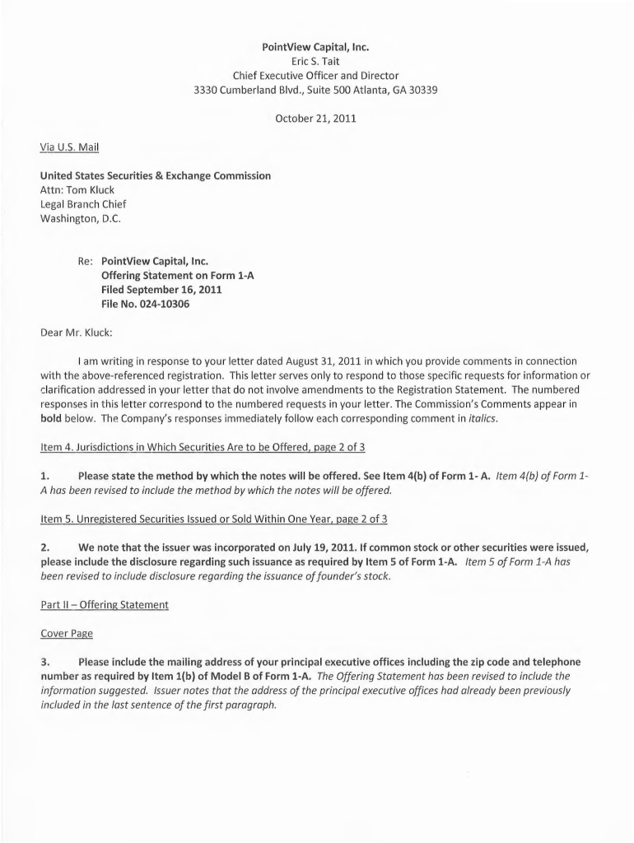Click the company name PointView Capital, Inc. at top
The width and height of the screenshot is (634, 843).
point(315,46)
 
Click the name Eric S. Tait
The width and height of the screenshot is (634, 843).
point(315,61)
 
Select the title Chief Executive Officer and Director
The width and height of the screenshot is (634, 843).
point(315,76)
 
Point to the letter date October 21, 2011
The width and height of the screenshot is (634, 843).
point(315,119)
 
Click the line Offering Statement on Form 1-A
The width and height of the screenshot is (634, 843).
point(178,276)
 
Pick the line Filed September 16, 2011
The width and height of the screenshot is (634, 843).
point(161,290)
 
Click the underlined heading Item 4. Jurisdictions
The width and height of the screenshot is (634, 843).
point(203,447)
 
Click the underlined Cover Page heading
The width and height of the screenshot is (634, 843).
point(67,634)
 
